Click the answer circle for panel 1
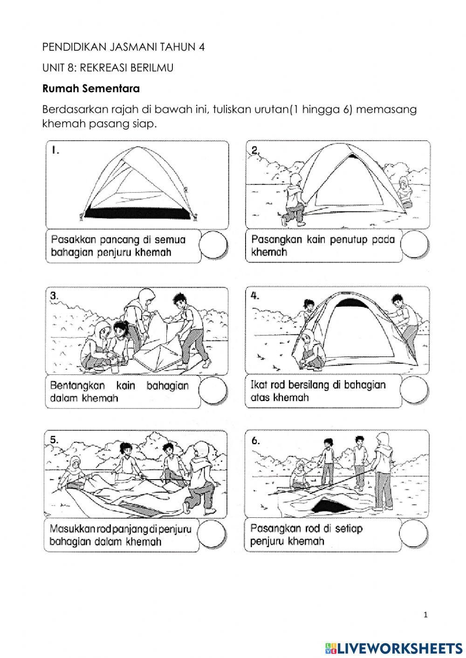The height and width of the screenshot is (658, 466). click(213, 245)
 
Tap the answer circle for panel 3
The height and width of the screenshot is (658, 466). click(213, 390)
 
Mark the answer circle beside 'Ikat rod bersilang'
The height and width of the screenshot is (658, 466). click(414, 390)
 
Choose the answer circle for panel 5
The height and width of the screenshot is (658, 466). click(213, 534)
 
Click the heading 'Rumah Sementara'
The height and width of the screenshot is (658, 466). click(91, 88)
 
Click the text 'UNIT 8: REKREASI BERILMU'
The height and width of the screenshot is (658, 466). click(108, 68)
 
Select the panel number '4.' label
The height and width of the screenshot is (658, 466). click(255, 296)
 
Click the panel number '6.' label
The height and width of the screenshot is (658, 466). click(255, 441)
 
